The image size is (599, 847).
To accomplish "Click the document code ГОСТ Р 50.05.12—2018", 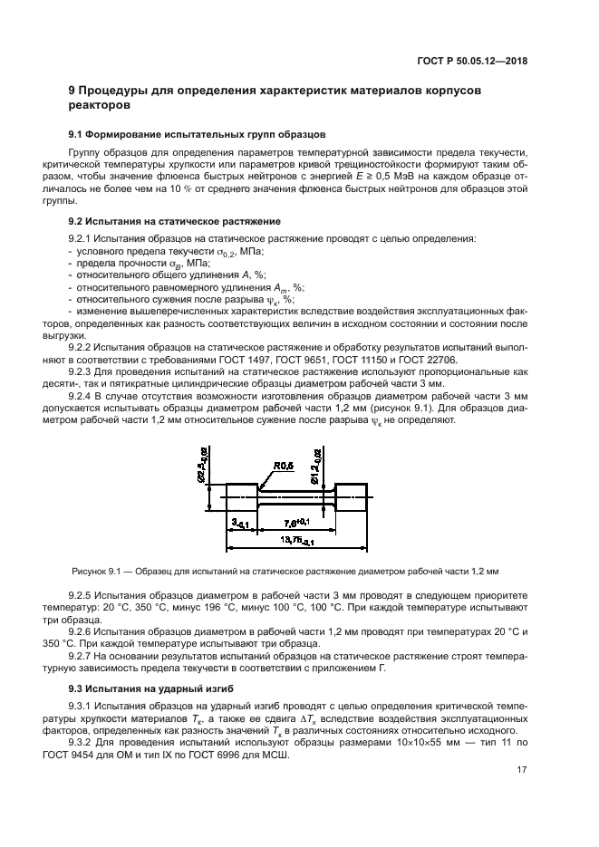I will [472, 62].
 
